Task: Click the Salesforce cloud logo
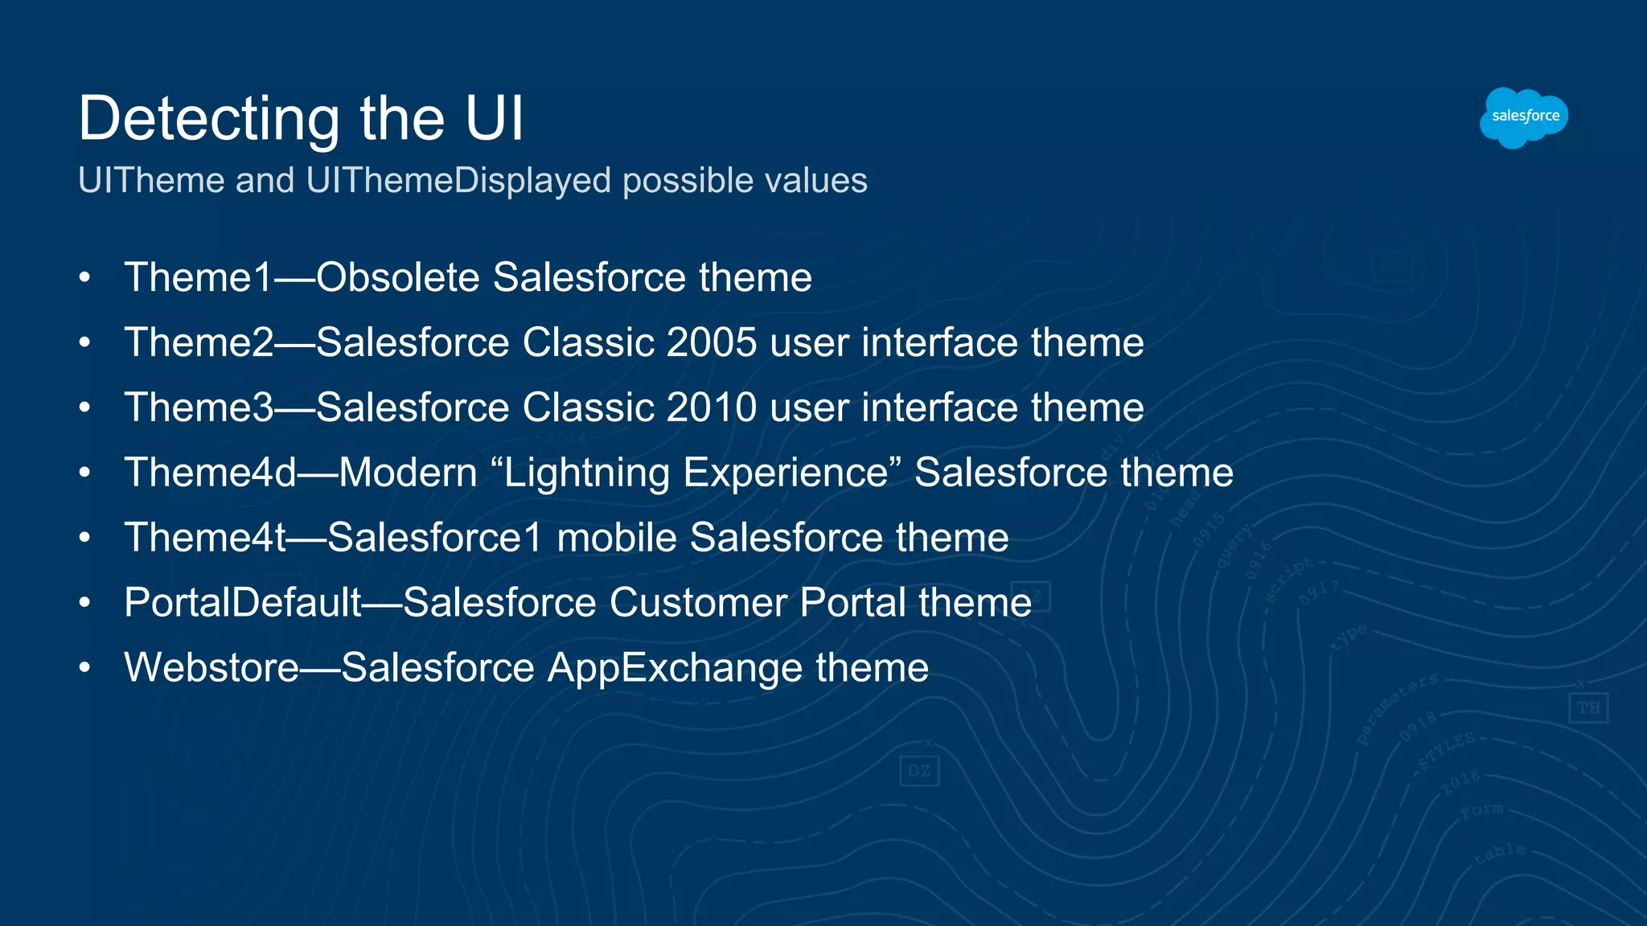pos(1523,117)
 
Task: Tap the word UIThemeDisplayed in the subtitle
pos(458,180)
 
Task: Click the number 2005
pos(711,342)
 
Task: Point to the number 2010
pos(711,408)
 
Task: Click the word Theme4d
pos(211,473)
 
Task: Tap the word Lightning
pos(586,473)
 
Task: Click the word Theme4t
pos(205,538)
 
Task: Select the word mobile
pos(616,538)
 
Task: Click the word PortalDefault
pos(243,603)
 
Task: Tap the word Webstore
pos(212,668)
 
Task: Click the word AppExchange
pos(675,668)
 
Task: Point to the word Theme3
pos(199,408)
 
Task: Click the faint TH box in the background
pos(1587,708)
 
